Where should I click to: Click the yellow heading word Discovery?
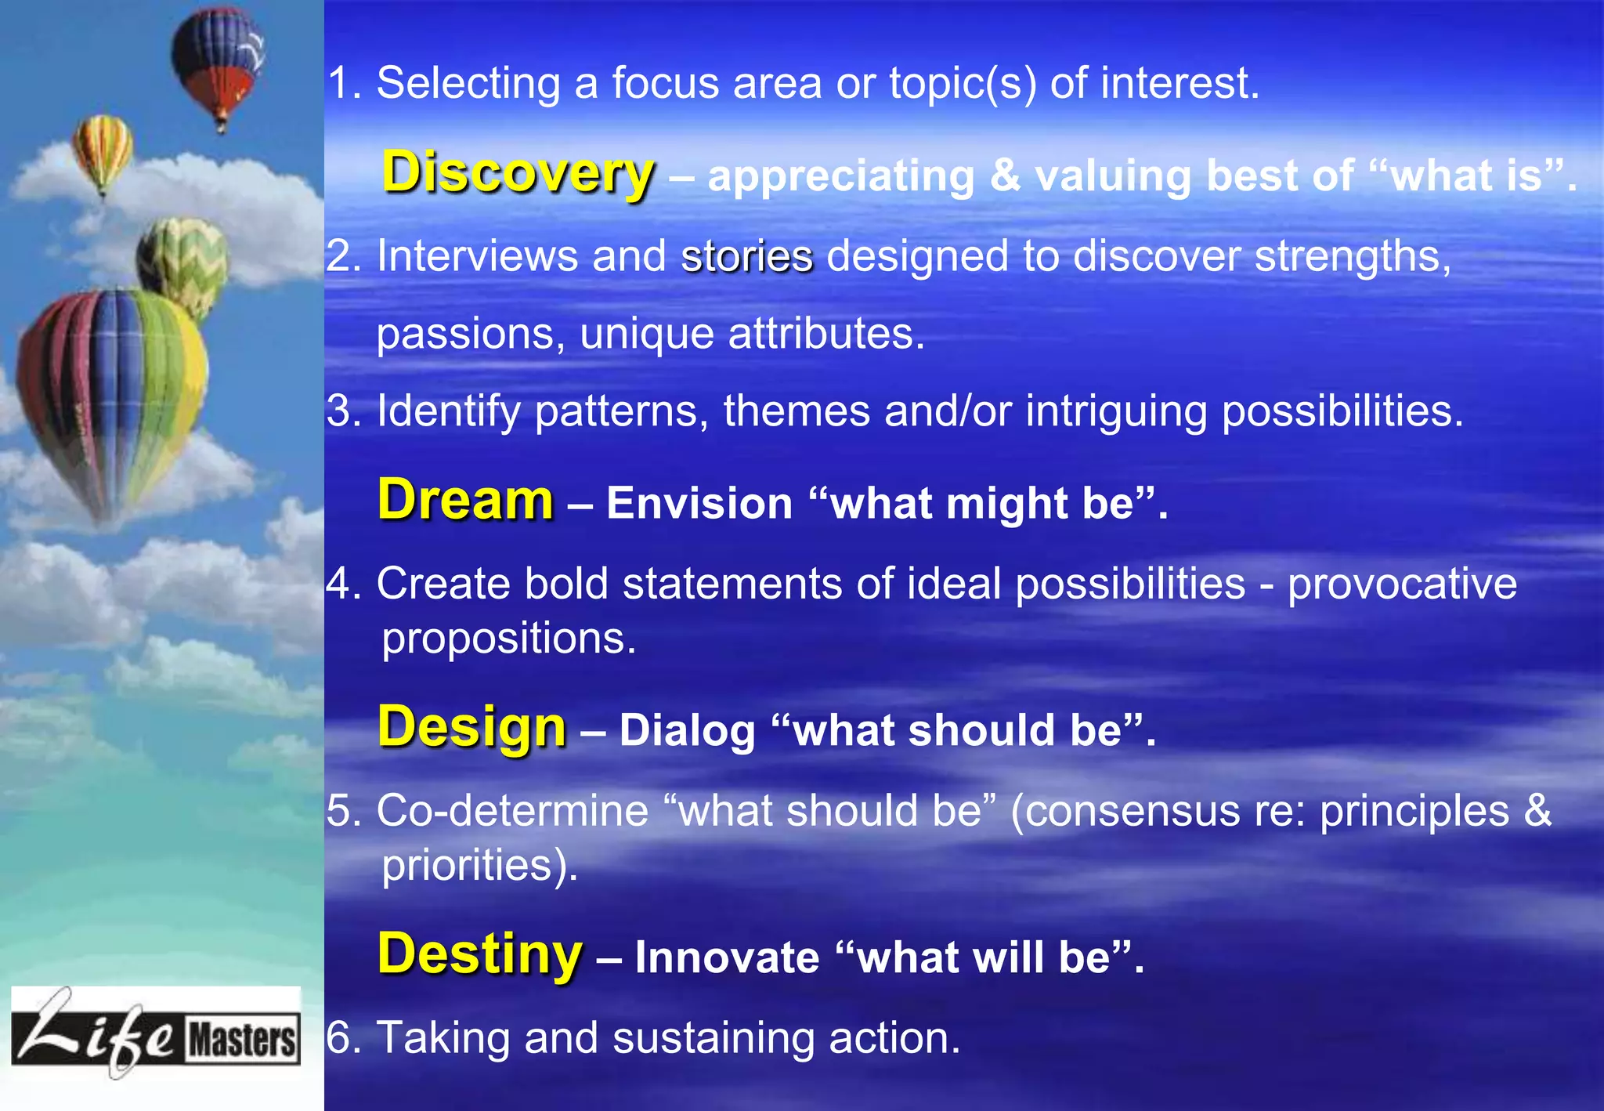(x=518, y=172)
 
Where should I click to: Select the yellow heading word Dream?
(x=465, y=500)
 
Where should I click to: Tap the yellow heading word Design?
(x=471, y=727)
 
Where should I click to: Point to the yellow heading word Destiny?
(x=479, y=954)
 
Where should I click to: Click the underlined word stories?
(x=747, y=257)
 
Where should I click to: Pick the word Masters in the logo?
(x=242, y=1040)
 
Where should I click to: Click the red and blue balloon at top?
(x=218, y=63)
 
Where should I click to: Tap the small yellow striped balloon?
(x=103, y=149)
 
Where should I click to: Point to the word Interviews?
(x=477, y=256)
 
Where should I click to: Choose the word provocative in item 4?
(x=1402, y=584)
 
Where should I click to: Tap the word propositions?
(x=508, y=639)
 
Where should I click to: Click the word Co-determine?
(x=512, y=811)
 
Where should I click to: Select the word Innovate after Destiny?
(x=727, y=957)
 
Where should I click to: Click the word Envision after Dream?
(x=699, y=504)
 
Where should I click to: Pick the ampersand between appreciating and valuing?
(x=1005, y=176)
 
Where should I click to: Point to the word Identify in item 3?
(x=448, y=411)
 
